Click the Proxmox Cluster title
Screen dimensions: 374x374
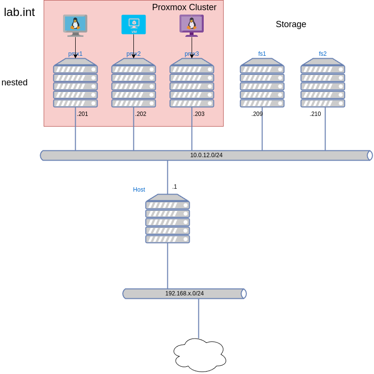click(184, 7)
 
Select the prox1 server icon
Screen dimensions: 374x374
click(75, 83)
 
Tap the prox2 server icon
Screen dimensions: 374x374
click(133, 83)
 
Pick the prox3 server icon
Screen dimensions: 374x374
click(192, 83)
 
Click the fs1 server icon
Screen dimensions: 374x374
click(262, 83)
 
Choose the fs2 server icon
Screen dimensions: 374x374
click(323, 83)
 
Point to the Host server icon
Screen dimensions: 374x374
click(167, 219)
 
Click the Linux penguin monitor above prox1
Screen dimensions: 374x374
click(75, 25)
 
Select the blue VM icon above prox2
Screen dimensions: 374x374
click(133, 24)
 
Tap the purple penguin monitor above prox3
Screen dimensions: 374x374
click(192, 25)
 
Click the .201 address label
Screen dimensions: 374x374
click(82, 114)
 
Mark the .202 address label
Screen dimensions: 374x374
click(141, 114)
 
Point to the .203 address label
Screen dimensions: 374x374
click(199, 114)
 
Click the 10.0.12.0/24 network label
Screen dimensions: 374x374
click(206, 155)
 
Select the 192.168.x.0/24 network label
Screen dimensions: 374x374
click(184, 293)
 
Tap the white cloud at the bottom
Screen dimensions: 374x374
click(200, 355)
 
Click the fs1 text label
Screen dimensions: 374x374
click(262, 54)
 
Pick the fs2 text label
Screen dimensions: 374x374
click(323, 54)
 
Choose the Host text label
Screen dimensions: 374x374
click(139, 190)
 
